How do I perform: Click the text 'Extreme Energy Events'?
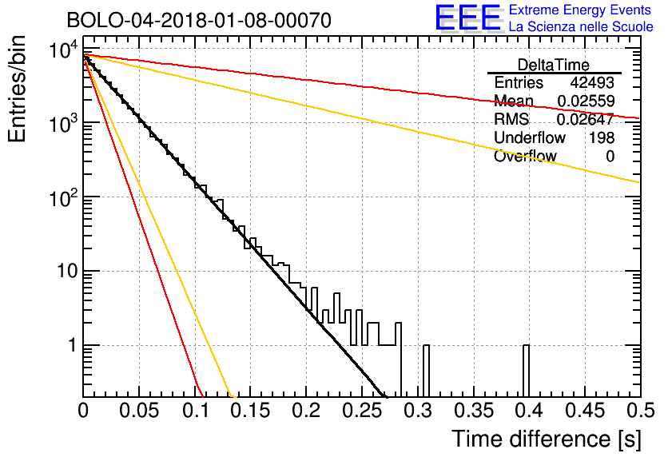580,10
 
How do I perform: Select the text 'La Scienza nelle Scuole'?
581,27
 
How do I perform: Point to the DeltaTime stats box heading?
553,65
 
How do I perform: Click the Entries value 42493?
592,83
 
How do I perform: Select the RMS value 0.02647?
585,120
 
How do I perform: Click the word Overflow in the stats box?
525,157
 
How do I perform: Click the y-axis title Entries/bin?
19,90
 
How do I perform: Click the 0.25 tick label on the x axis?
362,411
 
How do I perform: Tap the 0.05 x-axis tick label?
138,411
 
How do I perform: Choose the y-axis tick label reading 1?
70,346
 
